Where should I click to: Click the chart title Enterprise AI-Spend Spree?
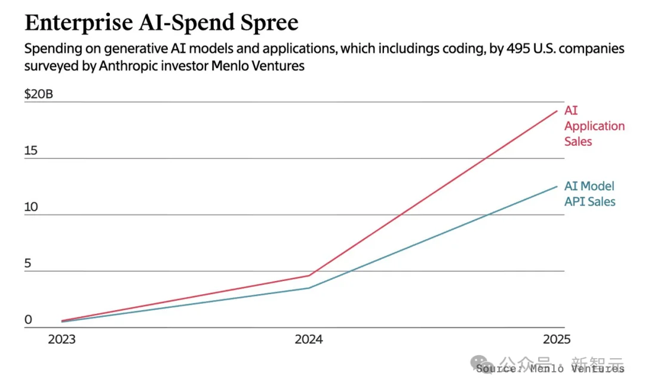[x=161, y=22]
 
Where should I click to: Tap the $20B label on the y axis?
[x=39, y=94]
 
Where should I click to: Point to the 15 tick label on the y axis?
[x=31, y=151]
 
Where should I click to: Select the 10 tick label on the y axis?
[x=31, y=207]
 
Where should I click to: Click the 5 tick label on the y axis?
[x=27, y=264]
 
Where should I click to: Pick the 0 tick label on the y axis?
[x=28, y=320]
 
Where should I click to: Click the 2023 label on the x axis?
[x=62, y=340]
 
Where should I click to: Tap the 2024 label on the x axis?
[x=309, y=340]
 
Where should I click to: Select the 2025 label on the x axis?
[x=557, y=340]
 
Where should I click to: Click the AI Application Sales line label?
[x=594, y=126]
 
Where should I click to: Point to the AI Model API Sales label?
[x=590, y=194]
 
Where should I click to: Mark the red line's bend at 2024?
[x=309, y=276]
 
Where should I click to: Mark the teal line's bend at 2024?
[x=309, y=288]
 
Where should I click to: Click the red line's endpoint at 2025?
[x=557, y=111]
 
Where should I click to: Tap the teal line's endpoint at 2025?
[x=557, y=187]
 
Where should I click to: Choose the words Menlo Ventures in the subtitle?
[x=258, y=66]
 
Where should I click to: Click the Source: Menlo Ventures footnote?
[x=551, y=369]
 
